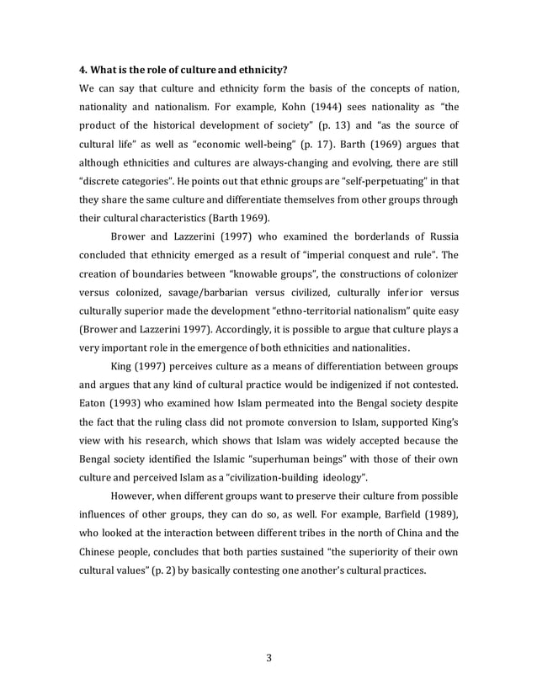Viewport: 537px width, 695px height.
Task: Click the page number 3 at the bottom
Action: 268,658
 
